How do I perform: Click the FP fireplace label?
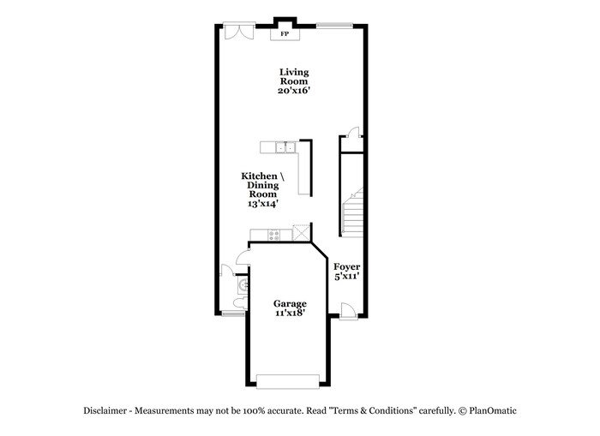pyautogui.click(x=285, y=35)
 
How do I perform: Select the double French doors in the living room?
pyautogui.click(x=236, y=30)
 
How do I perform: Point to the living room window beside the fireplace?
pyautogui.click(x=334, y=24)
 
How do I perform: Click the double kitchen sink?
pyautogui.click(x=285, y=148)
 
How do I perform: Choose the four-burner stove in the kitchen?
pyautogui.click(x=275, y=235)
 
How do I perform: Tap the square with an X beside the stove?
pyautogui.click(x=301, y=233)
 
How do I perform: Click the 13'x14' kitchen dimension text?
pyautogui.click(x=262, y=204)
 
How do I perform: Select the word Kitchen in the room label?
pyautogui.click(x=257, y=176)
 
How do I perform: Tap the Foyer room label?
pyautogui.click(x=346, y=266)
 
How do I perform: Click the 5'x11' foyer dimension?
pyautogui.click(x=346, y=277)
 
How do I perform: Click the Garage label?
pyautogui.click(x=290, y=303)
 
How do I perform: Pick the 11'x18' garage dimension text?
pyautogui.click(x=290, y=314)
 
